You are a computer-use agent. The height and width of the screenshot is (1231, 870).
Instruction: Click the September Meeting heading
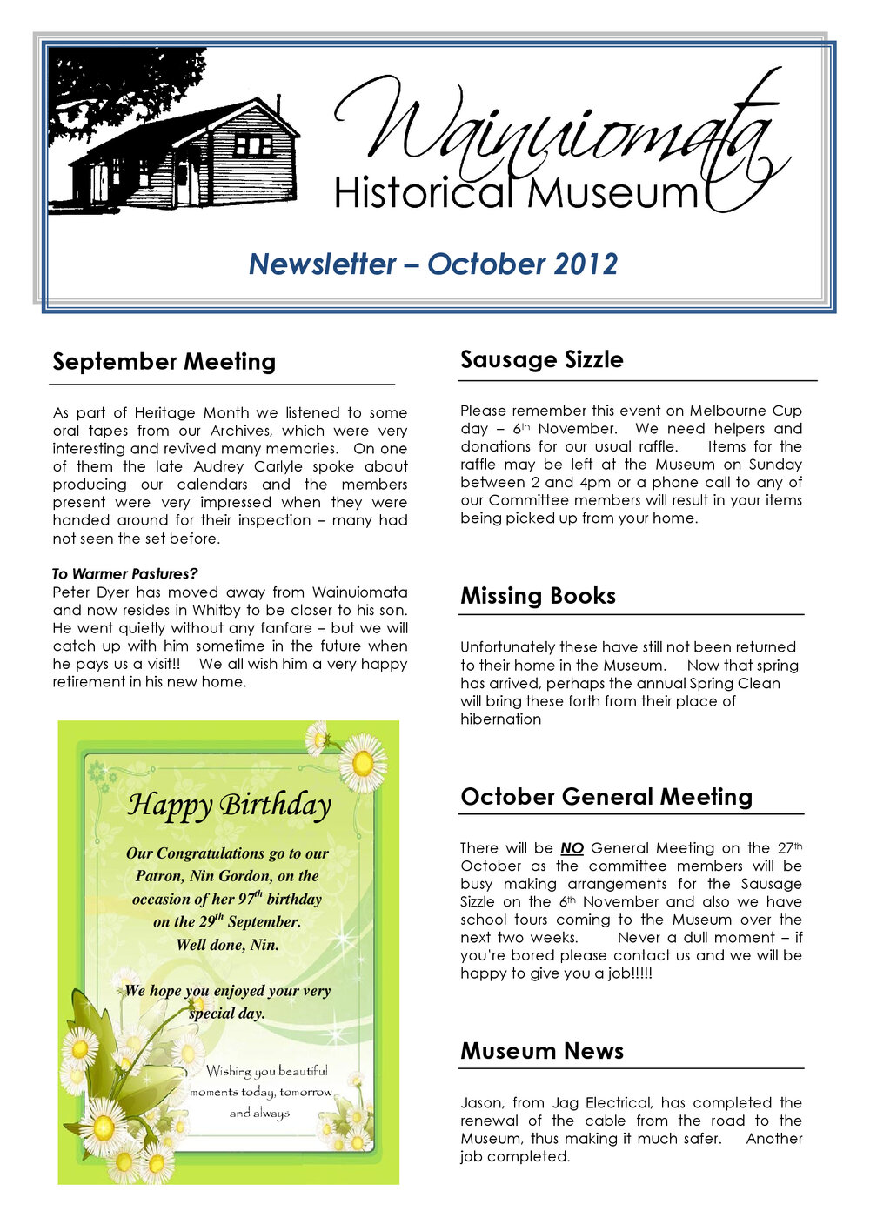click(164, 361)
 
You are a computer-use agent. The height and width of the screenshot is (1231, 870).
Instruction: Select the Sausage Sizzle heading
click(541, 359)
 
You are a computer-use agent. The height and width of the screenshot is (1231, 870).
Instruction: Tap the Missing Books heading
click(538, 596)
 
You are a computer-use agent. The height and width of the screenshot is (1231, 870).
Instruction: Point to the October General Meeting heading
click(606, 797)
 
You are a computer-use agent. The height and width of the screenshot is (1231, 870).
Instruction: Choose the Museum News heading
click(541, 1051)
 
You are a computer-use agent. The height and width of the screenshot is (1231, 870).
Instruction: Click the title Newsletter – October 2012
click(432, 264)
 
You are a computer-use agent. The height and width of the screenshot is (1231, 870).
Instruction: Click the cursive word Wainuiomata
click(557, 130)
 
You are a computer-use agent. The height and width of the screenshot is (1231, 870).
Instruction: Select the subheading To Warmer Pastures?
click(124, 574)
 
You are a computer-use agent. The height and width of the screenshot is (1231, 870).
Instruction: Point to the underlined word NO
click(572, 848)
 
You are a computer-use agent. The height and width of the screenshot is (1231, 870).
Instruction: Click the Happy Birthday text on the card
click(229, 805)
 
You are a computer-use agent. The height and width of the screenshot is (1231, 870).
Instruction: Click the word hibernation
click(500, 719)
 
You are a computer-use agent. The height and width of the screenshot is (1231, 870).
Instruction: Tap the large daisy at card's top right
click(362, 763)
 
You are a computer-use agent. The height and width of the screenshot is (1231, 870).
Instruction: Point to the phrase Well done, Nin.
click(227, 945)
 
